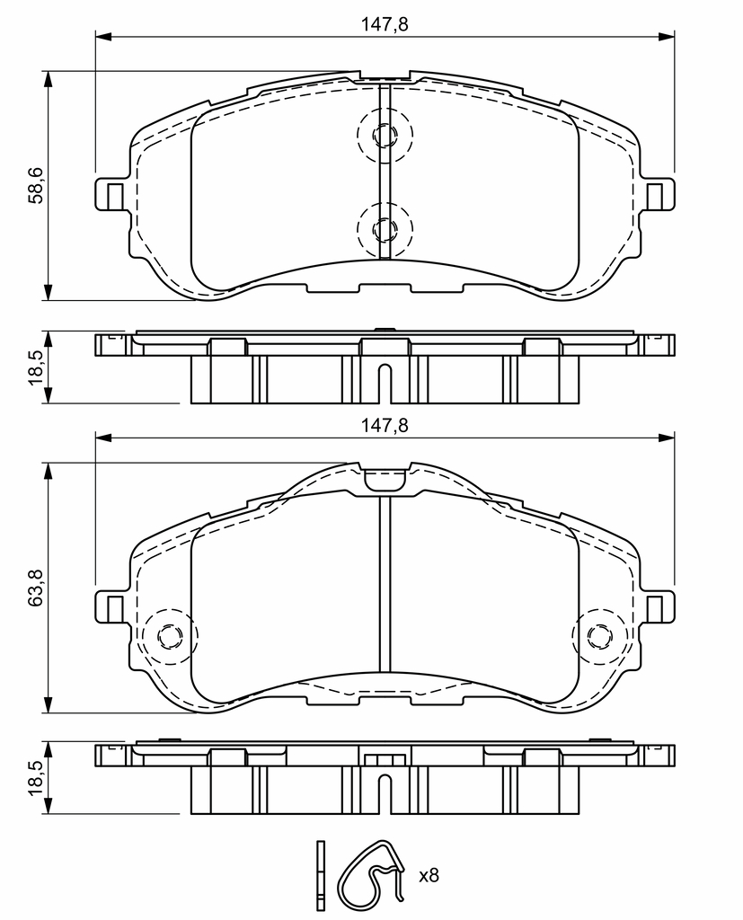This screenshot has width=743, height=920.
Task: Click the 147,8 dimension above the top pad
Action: coord(385,24)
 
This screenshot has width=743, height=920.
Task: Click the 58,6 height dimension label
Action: coord(37,185)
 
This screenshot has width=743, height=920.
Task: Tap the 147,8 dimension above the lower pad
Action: coord(385,425)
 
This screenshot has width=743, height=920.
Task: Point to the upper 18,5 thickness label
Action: coord(37,367)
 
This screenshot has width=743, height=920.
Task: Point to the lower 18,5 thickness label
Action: coord(37,778)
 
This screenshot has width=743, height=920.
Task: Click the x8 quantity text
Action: coord(429,876)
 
